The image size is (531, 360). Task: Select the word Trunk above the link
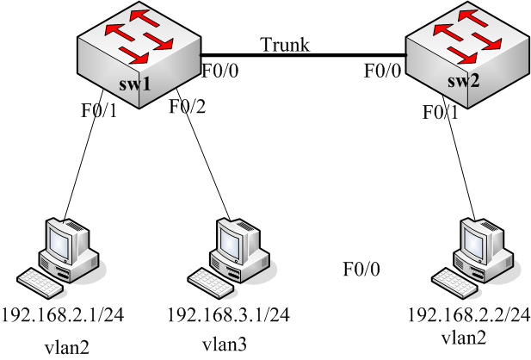284,44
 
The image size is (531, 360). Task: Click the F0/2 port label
188,107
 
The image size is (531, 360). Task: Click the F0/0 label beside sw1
220,71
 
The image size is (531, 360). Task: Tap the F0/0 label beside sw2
381,71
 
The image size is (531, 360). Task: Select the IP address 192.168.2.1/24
63,315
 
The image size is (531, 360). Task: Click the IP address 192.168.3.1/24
226,315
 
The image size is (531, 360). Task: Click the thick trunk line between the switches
301,56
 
